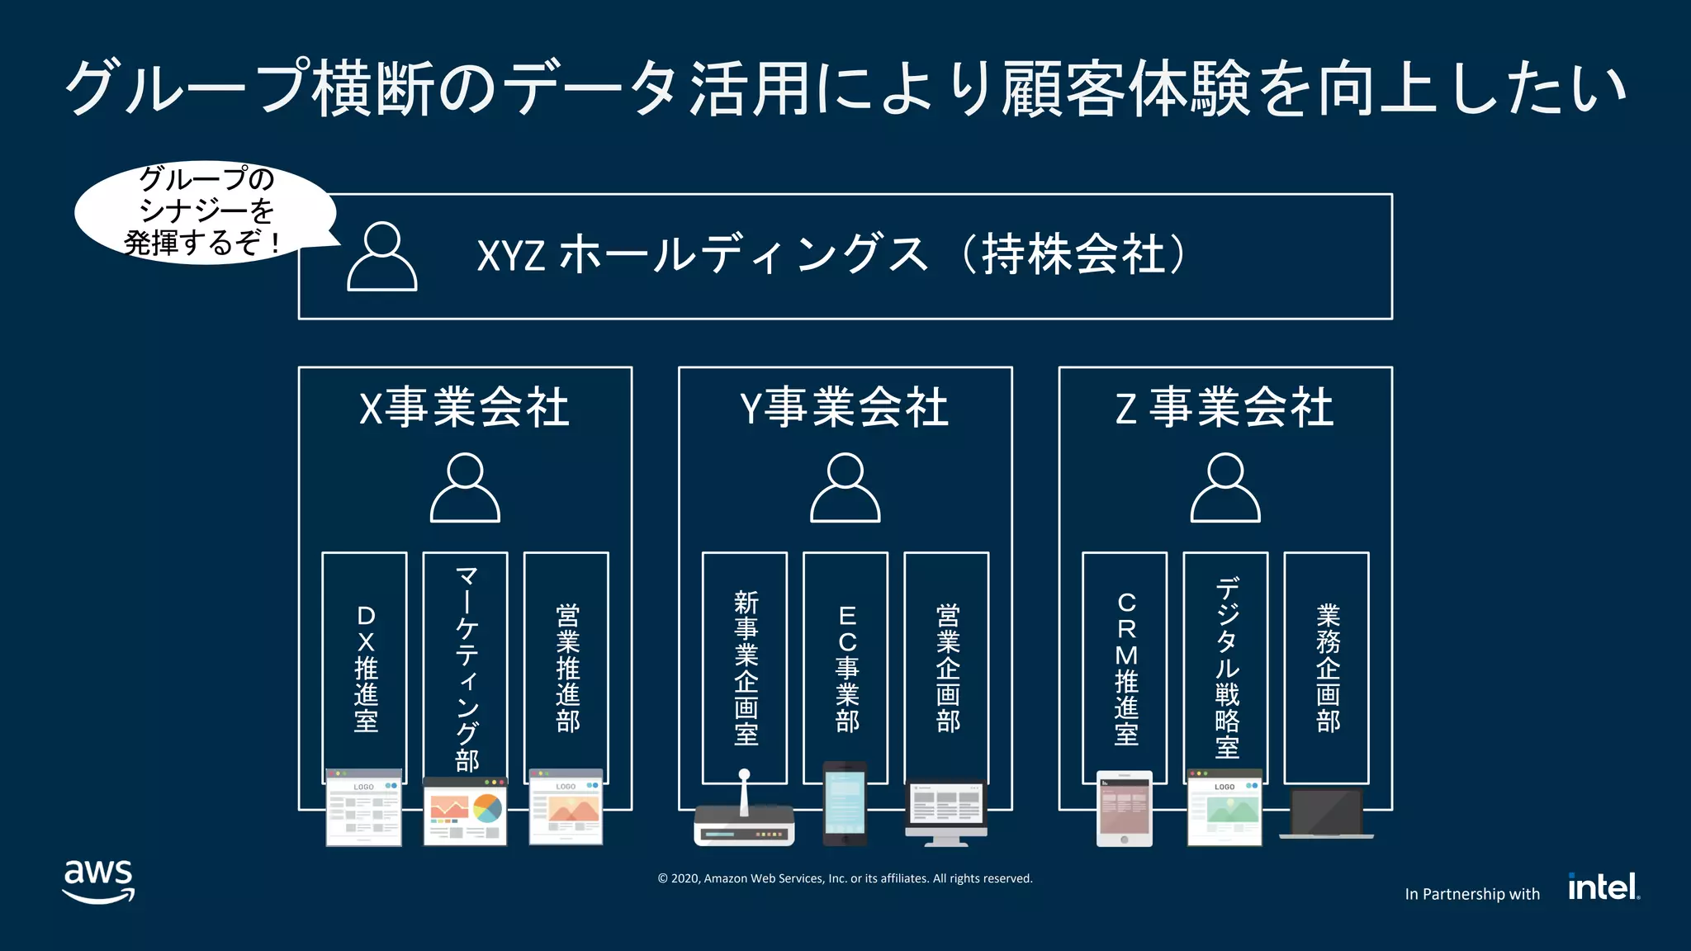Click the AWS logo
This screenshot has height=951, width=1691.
click(x=98, y=881)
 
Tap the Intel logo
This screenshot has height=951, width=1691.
click(x=1603, y=887)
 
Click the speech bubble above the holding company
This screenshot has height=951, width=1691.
click(x=205, y=211)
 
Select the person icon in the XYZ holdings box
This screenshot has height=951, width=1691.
click(x=381, y=257)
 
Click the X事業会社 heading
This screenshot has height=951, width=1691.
click(x=464, y=408)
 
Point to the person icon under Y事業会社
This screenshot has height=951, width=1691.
click(x=845, y=488)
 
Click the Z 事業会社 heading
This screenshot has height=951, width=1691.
click(x=1224, y=408)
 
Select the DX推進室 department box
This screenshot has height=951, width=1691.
click(x=364, y=667)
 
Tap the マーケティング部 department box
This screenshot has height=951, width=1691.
click(x=466, y=667)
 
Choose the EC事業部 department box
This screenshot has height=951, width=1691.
click(x=845, y=667)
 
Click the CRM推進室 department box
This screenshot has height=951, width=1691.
click(x=1125, y=667)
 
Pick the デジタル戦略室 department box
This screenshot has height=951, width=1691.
click(x=1226, y=667)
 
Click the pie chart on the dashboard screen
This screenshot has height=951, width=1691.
click(x=487, y=807)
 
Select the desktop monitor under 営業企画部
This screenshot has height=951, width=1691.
click(x=946, y=811)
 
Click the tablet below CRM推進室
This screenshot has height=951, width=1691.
click(x=1124, y=808)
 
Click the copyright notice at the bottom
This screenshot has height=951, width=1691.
click(x=845, y=878)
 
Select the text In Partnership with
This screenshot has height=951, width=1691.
click(x=1472, y=894)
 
